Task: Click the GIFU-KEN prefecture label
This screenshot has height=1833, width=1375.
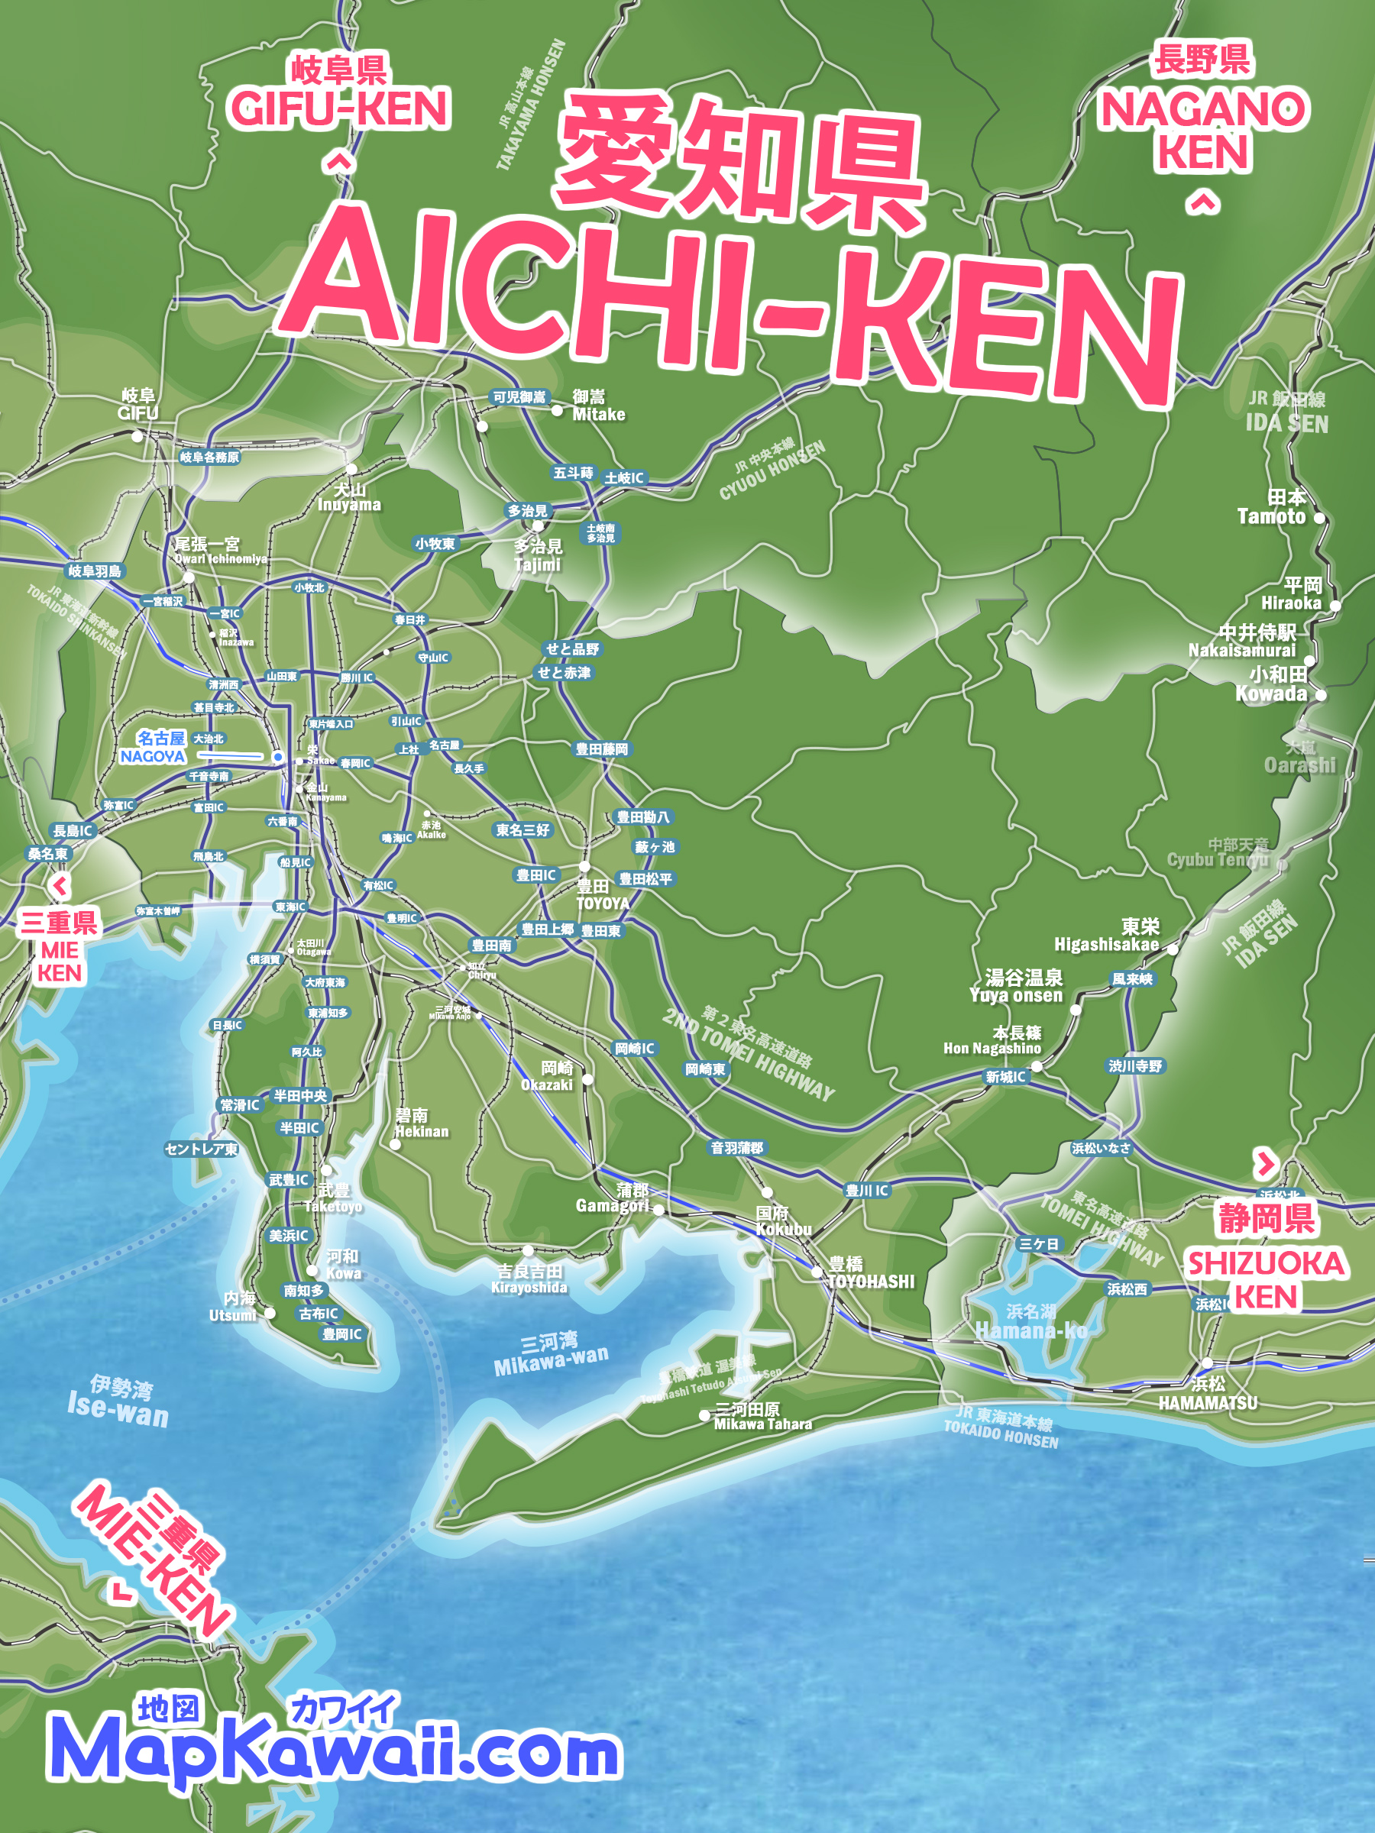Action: point(339,108)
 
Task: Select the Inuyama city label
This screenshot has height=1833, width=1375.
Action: point(349,505)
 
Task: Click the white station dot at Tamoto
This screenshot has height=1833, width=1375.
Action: point(1319,518)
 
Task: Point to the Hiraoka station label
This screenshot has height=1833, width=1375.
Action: point(1290,603)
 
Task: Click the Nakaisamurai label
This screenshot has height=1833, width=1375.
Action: point(1241,651)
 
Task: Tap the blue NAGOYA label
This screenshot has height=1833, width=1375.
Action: point(153,756)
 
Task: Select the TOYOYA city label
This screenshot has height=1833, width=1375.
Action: point(602,904)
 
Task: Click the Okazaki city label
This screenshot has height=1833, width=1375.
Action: point(546,1084)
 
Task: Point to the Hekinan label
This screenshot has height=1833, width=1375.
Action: point(421,1131)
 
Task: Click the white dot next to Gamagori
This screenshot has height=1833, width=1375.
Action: point(658,1210)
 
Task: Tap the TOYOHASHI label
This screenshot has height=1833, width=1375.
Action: point(870,1281)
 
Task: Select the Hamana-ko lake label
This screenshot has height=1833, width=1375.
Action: point(1030,1330)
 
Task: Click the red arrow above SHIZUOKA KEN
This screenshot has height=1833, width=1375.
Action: point(1265,1164)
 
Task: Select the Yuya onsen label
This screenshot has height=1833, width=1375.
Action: point(1015,995)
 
